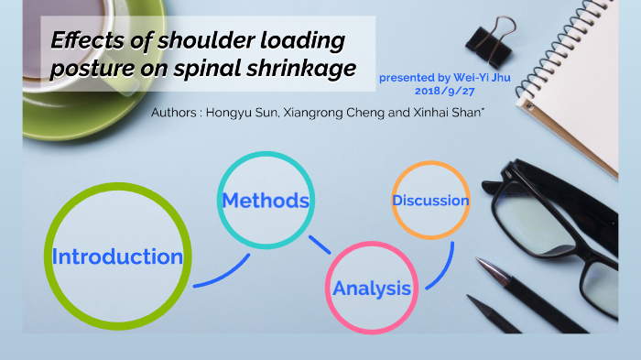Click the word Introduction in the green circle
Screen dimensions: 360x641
click(117, 257)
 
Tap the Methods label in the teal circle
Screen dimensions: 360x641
click(265, 200)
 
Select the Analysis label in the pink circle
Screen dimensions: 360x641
click(372, 289)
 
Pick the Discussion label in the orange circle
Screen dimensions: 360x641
click(430, 200)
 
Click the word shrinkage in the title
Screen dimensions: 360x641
click(304, 70)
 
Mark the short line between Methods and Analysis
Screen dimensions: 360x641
click(320, 245)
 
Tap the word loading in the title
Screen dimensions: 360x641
click(297, 41)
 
